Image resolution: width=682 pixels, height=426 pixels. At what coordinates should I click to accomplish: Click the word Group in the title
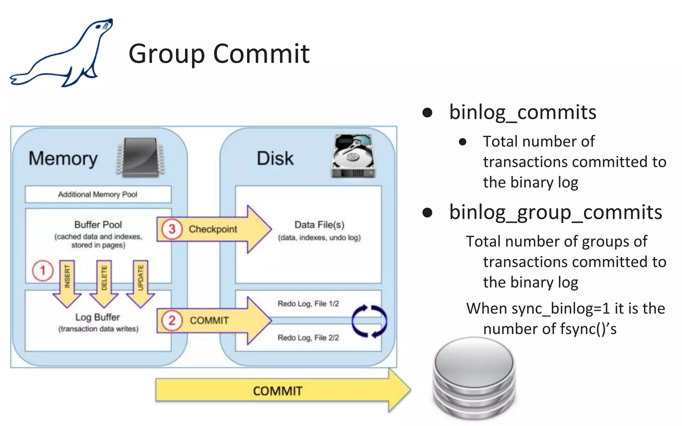tap(166, 54)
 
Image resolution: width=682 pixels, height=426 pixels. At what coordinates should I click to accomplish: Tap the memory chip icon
tap(140, 157)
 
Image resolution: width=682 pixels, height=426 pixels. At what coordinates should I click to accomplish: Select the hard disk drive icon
tap(353, 156)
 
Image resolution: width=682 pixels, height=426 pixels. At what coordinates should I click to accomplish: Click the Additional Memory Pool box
tap(98, 194)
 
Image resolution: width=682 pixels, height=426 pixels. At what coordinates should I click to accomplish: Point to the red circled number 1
tap(43, 270)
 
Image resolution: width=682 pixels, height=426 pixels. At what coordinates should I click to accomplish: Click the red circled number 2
tap(171, 320)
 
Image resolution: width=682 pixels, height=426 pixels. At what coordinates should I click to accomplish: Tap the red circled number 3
tap(171, 229)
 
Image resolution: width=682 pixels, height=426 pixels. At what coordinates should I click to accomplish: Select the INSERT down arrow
tap(67, 283)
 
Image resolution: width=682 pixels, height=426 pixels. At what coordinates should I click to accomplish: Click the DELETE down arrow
tap(104, 283)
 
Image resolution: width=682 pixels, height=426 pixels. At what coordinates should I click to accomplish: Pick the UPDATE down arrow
tap(141, 283)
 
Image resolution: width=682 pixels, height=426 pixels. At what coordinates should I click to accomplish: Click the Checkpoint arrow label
tap(213, 229)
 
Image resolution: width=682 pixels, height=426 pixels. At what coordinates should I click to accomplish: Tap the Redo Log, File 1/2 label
tap(308, 304)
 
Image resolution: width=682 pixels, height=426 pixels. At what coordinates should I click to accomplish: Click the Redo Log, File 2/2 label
tap(308, 337)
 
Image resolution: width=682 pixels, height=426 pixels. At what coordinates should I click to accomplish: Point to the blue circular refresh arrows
tap(369, 321)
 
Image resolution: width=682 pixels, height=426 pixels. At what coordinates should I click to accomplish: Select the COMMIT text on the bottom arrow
tap(277, 391)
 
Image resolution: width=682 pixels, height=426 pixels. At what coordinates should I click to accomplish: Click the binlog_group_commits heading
tap(555, 212)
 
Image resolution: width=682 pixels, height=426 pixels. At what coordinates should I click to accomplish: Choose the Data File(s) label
tap(319, 225)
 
